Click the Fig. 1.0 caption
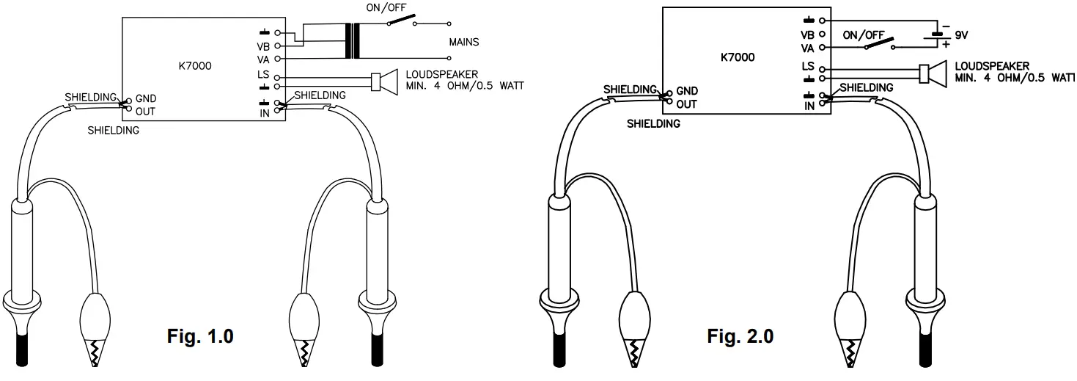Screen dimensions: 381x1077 [x=200, y=337]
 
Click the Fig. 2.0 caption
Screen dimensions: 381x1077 [x=740, y=337]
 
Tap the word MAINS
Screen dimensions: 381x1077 [x=463, y=43]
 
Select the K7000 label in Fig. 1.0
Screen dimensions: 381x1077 [x=195, y=66]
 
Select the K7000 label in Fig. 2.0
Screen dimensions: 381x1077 [x=738, y=57]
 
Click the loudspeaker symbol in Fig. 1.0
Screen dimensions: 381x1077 [x=384, y=81]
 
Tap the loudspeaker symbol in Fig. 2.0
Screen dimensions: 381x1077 [x=932, y=73]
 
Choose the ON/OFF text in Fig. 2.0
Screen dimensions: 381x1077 [x=864, y=34]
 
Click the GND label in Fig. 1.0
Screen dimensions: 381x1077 [x=146, y=98]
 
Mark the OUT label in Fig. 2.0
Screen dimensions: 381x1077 [x=686, y=104]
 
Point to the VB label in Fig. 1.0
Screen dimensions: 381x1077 [x=264, y=46]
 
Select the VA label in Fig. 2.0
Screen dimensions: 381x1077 [x=808, y=48]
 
